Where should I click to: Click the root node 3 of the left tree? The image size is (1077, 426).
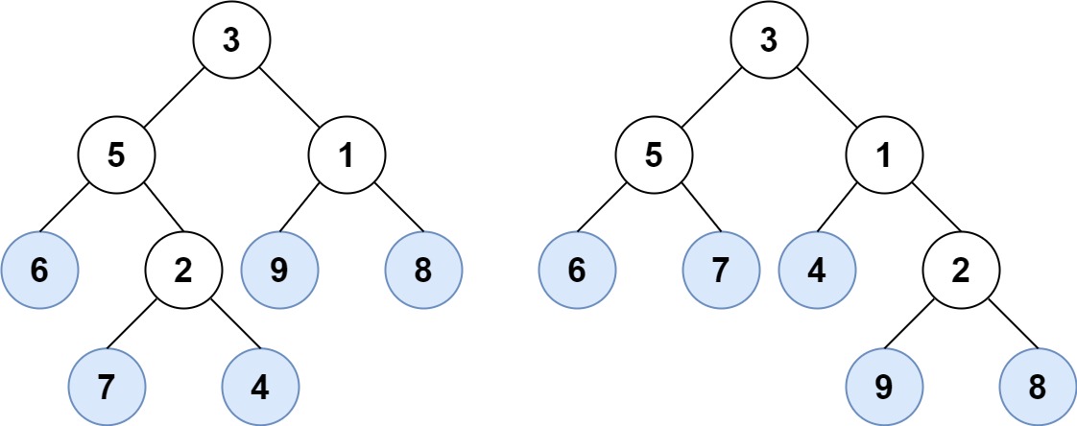pyautogui.click(x=231, y=40)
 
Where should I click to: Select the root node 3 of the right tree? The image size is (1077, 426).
pyautogui.click(x=769, y=40)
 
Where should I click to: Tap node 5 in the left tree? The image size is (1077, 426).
pyautogui.click(x=116, y=155)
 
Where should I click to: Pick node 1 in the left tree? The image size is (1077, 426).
pyautogui.click(x=347, y=155)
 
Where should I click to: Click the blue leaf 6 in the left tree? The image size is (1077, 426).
pyautogui.click(x=39, y=271)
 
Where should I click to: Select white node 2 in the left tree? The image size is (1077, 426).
pyautogui.click(x=183, y=271)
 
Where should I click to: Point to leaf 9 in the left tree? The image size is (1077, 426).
pyautogui.click(x=279, y=271)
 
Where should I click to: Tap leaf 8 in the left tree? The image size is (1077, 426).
pyautogui.click(x=423, y=271)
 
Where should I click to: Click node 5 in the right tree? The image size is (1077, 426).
pyautogui.click(x=654, y=155)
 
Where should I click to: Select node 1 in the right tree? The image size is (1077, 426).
pyautogui.click(x=884, y=155)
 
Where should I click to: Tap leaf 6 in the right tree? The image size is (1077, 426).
pyautogui.click(x=577, y=271)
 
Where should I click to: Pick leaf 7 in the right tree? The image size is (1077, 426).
pyautogui.click(x=721, y=271)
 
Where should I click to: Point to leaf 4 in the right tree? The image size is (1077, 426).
pyautogui.click(x=817, y=271)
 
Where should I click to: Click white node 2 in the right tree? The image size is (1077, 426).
pyautogui.click(x=961, y=271)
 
